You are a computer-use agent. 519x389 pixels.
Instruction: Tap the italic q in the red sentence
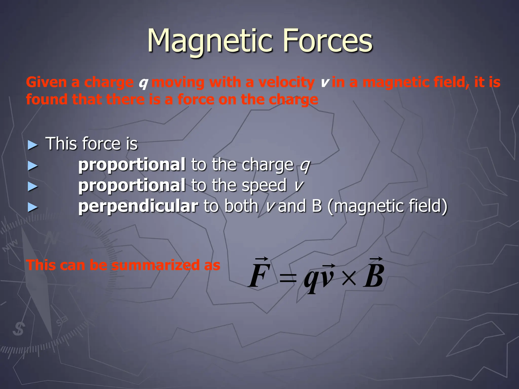pyautogui.click(x=143, y=83)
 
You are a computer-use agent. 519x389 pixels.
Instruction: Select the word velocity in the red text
pyautogui.click(x=286, y=83)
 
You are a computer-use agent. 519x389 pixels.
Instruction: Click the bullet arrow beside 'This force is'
pyautogui.click(x=33, y=145)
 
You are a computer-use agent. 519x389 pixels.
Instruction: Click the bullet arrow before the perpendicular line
pyautogui.click(x=33, y=207)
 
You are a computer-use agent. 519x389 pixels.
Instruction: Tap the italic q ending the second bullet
pyautogui.click(x=305, y=166)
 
